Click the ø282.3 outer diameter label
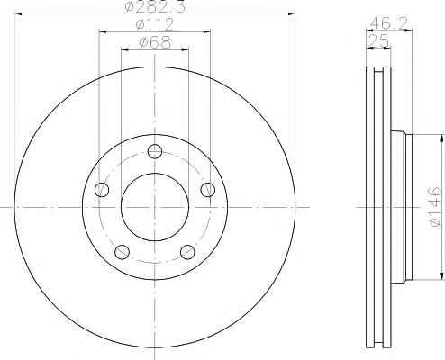(155, 6)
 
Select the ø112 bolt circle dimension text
(155, 24)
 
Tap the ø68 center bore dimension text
(155, 42)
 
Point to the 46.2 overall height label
(388, 23)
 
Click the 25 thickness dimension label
(378, 40)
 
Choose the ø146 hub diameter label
(435, 207)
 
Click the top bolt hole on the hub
(155, 151)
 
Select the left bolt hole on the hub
(102, 190)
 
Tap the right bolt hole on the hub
(208, 190)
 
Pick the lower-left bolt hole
(122, 252)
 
